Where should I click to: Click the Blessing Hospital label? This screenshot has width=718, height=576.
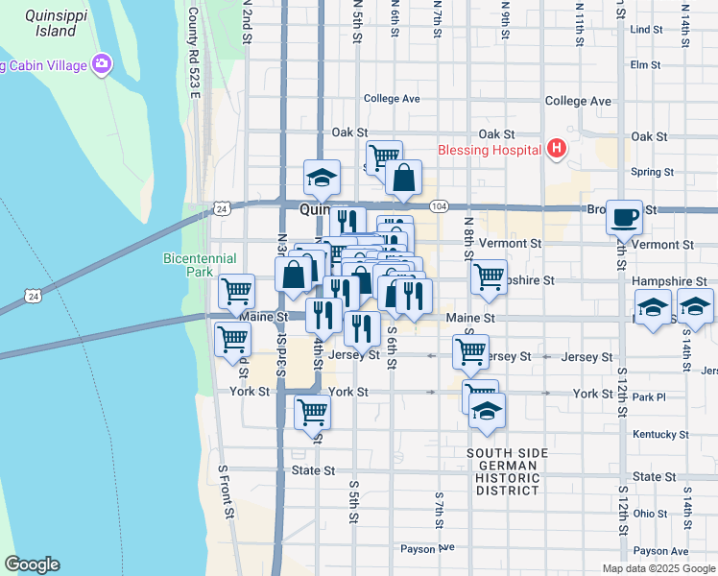(489, 150)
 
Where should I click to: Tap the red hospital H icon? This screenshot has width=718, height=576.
(556, 149)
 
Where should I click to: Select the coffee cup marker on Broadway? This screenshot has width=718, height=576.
(624, 217)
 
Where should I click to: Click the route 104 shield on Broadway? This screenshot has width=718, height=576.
(439, 206)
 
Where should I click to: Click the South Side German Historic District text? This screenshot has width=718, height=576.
(507, 471)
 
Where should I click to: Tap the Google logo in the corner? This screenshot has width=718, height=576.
(32, 564)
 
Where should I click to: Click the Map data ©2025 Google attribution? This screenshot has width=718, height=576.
(658, 568)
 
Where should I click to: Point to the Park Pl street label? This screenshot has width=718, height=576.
(649, 397)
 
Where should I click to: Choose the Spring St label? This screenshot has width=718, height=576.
(653, 173)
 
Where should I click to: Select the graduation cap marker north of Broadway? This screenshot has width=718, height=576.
(323, 177)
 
